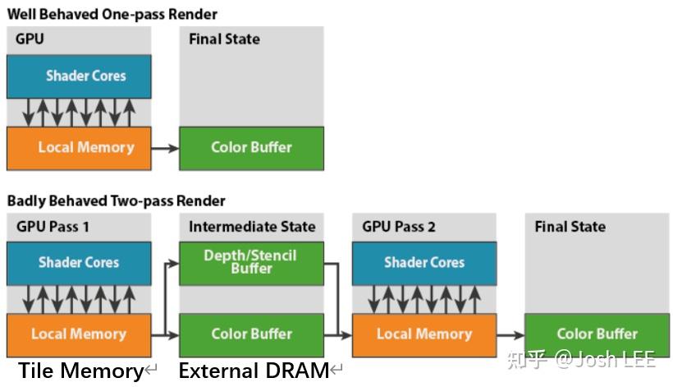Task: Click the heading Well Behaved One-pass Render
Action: click(112, 15)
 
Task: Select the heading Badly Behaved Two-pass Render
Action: click(116, 201)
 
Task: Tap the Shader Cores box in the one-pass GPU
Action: click(79, 76)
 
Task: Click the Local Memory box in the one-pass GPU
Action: click(79, 148)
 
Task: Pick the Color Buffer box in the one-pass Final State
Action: click(251, 148)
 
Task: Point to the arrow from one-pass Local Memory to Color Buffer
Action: click(165, 149)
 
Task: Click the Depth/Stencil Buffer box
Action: click(251, 263)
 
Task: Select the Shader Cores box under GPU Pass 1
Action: click(79, 263)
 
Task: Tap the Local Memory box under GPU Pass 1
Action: click(79, 335)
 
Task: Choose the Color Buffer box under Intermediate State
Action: click(251, 335)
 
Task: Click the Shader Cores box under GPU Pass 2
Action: click(424, 263)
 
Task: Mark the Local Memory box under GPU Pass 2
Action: click(424, 335)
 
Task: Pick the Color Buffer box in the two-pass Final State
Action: click(597, 335)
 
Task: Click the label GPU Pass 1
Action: click(53, 227)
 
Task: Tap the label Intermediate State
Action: click(252, 227)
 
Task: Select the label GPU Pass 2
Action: click(399, 227)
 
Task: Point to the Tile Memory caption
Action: click(80, 371)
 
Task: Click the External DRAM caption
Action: click(254, 371)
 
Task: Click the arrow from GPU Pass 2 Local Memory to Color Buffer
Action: click(510, 335)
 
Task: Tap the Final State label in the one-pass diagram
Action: click(225, 39)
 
